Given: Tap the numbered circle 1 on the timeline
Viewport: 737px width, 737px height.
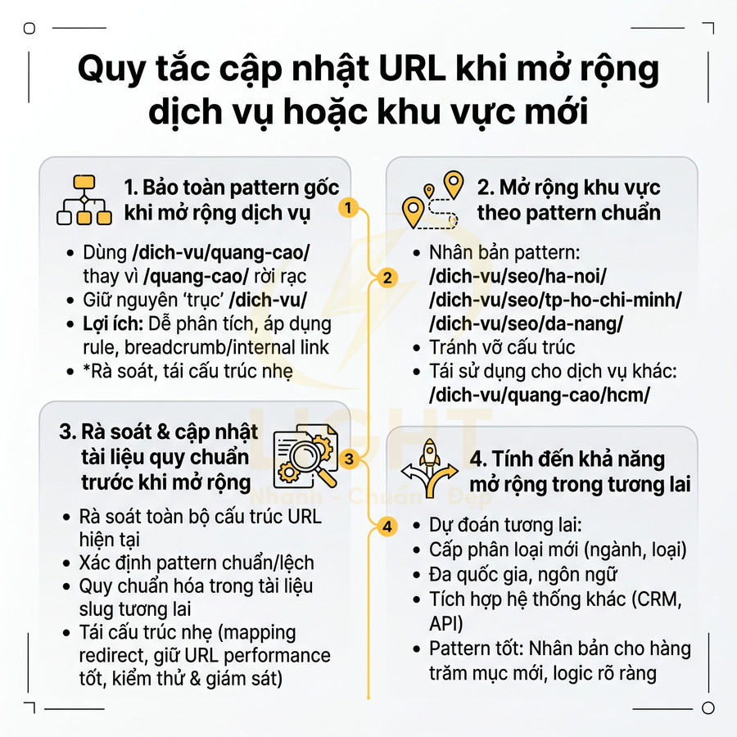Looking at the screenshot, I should click(348, 207).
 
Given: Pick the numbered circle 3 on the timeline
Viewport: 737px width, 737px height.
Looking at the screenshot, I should click(349, 459).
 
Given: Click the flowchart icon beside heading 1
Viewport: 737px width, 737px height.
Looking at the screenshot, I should click(84, 200).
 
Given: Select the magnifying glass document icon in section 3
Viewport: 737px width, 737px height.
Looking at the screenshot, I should click(304, 459).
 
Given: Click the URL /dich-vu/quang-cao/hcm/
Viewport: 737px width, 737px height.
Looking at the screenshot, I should click(539, 395).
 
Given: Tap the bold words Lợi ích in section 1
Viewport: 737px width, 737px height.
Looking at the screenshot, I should click(111, 323).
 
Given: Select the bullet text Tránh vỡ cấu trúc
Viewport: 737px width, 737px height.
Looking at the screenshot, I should click(502, 347).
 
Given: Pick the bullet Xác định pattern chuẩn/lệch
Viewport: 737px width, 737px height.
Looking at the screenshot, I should click(196, 563).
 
